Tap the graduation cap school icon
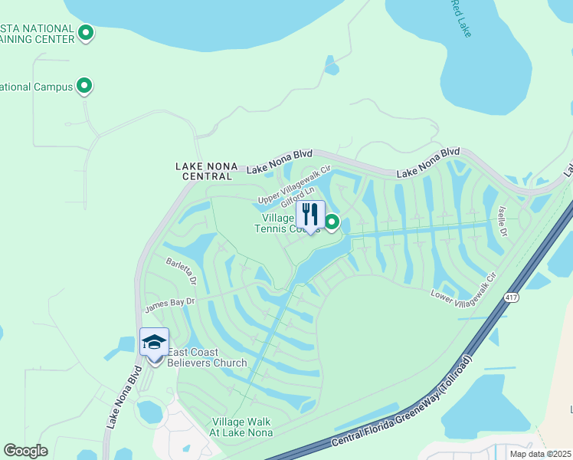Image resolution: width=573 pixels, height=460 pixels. [154, 342]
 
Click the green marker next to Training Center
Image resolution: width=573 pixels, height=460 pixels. [87, 33]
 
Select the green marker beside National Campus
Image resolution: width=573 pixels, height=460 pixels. [85, 86]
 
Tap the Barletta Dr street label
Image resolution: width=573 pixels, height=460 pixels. [182, 271]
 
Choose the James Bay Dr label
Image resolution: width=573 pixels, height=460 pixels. [170, 304]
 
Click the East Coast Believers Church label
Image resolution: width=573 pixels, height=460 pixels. [207, 358]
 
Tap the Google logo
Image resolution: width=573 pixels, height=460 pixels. [25, 451]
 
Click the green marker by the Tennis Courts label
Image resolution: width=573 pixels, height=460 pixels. [332, 222]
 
